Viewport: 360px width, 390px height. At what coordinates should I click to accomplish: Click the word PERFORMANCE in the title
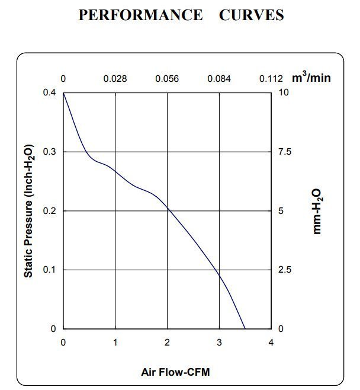[140, 15]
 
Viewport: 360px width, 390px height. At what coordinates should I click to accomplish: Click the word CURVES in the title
[251, 15]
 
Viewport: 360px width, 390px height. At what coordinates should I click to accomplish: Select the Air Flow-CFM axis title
[175, 372]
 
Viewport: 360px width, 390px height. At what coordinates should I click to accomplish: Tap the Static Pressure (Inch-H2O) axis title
[28, 211]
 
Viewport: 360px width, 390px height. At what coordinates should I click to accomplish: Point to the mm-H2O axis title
[317, 211]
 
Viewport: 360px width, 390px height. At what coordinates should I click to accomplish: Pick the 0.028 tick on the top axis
[115, 79]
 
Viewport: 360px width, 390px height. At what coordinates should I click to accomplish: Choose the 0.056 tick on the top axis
[167, 79]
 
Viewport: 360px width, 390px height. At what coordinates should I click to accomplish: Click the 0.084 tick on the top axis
[219, 79]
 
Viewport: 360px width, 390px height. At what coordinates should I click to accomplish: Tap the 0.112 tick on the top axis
[271, 79]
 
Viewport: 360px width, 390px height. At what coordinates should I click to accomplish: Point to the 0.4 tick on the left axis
[51, 93]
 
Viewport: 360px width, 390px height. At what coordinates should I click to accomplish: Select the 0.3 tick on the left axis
[51, 152]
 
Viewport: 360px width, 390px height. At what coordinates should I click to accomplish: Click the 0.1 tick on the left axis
[51, 270]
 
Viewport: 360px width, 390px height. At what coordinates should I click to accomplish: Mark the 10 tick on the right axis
[284, 93]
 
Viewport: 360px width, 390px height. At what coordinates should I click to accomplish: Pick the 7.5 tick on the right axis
[285, 152]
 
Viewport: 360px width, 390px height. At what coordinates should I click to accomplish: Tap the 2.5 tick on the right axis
[285, 270]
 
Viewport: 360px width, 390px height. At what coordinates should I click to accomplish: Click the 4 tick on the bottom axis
[271, 342]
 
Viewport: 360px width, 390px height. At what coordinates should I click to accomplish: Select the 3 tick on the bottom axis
[219, 342]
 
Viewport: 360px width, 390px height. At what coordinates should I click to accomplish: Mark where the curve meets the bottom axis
[245, 328]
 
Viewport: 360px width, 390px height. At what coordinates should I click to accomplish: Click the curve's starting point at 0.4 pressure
[63, 93]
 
